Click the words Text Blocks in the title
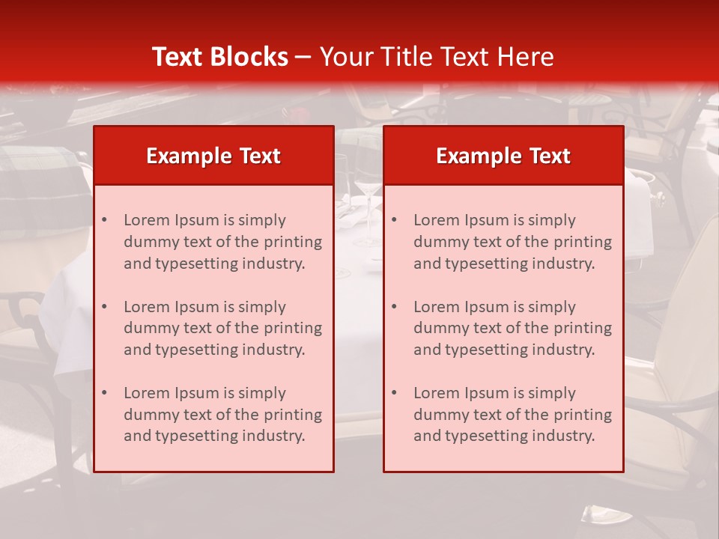coord(219,57)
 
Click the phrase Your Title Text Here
coord(437,57)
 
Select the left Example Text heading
coord(213,156)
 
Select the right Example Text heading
coord(503,156)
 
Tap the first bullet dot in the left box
coord(104,220)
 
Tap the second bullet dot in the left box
coord(104,307)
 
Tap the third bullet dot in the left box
coord(104,393)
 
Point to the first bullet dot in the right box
coord(394,220)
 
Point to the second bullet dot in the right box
coord(394,307)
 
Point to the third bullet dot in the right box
coord(394,393)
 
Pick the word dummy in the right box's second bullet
coord(439,328)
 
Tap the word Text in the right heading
coord(550,156)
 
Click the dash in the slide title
coord(303,57)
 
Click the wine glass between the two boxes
coord(367,202)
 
